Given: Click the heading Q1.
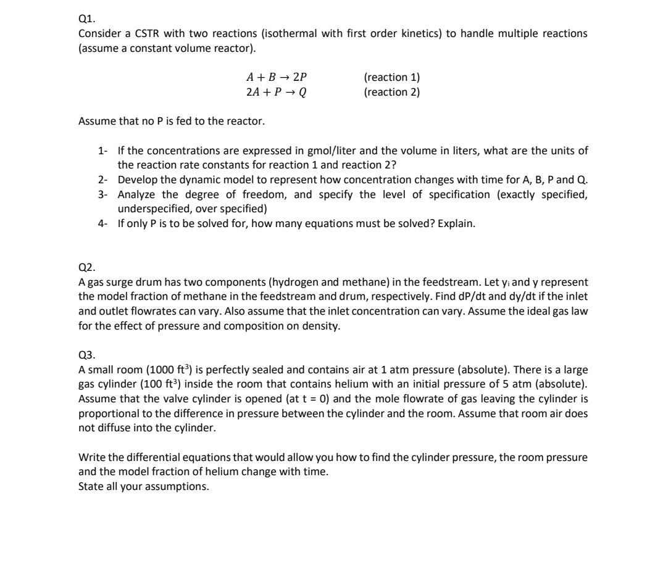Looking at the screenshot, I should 86,19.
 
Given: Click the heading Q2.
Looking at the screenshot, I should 86,267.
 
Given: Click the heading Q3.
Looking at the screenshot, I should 86,355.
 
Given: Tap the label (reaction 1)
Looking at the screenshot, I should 392,78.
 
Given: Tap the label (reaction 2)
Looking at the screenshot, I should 392,93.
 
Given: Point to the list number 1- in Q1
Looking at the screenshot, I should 103,151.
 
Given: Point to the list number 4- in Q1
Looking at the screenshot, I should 103,223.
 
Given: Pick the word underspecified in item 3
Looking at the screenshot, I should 148,209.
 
